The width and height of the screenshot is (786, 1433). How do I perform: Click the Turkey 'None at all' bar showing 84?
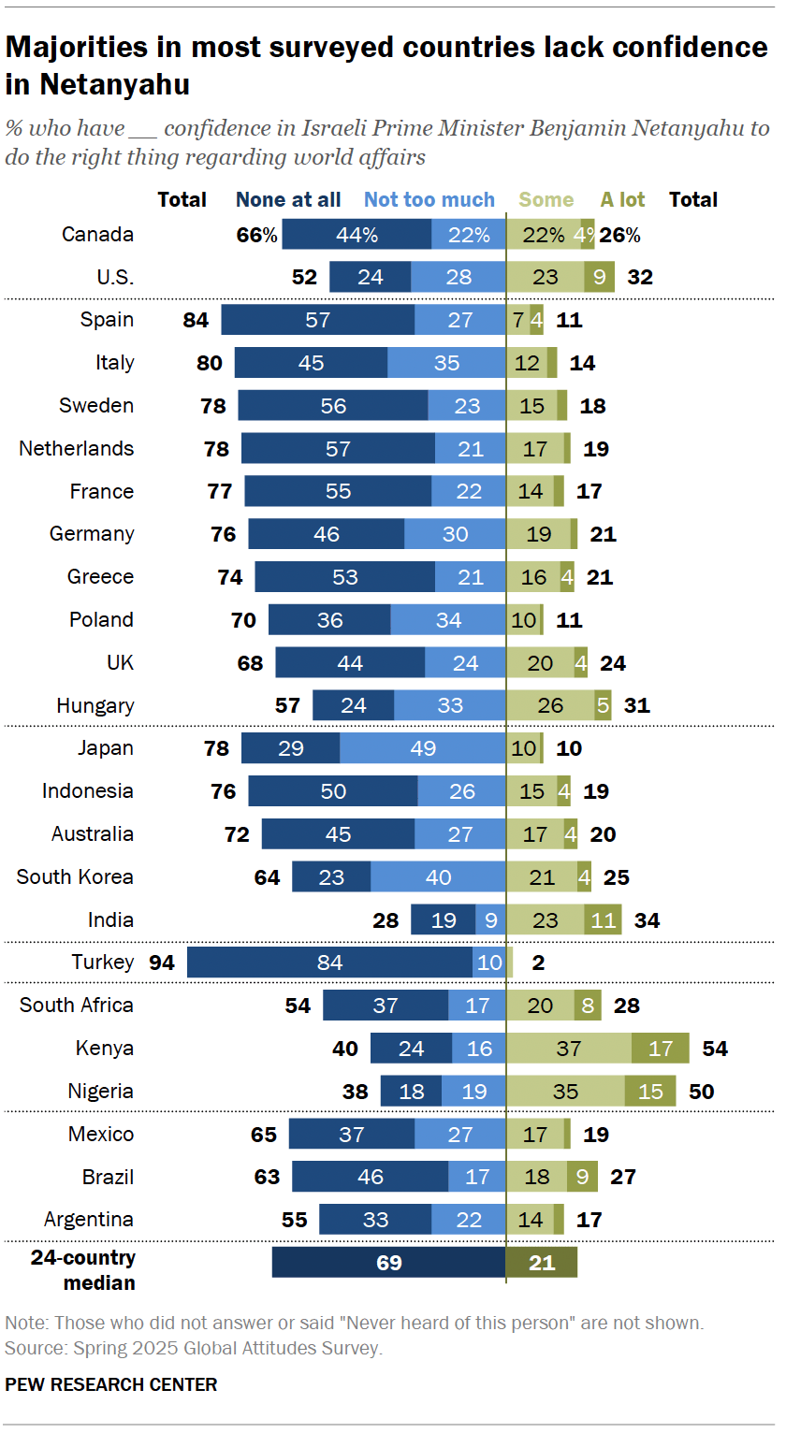tap(329, 962)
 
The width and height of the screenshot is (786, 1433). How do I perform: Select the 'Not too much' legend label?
tap(429, 199)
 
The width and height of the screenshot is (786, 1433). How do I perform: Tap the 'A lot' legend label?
tap(622, 199)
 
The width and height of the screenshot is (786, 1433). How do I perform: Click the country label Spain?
tap(107, 320)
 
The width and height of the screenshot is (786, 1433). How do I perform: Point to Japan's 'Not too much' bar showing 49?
tap(422, 748)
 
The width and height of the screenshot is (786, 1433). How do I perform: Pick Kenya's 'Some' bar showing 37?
tap(569, 1048)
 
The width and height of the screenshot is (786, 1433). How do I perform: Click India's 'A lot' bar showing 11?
tap(603, 919)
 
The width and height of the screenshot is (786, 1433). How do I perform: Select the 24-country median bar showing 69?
tap(388, 1262)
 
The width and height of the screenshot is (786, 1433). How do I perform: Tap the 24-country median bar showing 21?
tap(542, 1262)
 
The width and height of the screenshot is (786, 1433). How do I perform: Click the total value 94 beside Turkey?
tap(162, 962)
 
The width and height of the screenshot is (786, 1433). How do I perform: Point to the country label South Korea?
tap(75, 876)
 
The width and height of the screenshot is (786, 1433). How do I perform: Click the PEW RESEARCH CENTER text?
tap(111, 1384)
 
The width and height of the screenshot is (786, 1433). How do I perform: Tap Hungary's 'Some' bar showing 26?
tap(550, 705)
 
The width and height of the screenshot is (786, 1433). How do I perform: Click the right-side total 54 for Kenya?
tap(715, 1048)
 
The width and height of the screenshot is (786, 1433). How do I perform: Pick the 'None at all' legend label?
tap(288, 199)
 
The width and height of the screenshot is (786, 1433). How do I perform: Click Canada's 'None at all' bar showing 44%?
tap(357, 235)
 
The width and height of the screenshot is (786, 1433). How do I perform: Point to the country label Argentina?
tap(89, 1219)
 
